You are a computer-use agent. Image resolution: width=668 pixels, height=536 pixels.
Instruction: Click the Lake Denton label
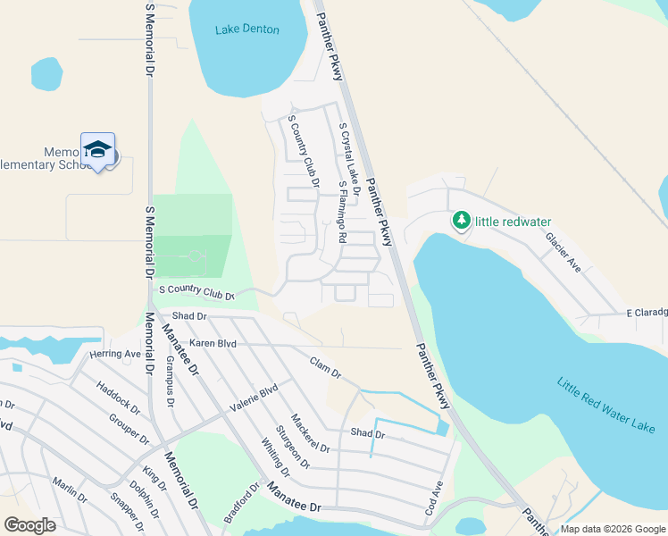pos(247,29)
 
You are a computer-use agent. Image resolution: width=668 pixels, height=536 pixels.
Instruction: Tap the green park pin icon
pos(461,220)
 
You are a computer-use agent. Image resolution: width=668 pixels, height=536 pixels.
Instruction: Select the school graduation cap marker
pos(97,149)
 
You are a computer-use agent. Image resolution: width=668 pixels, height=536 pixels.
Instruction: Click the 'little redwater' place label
pos(514,222)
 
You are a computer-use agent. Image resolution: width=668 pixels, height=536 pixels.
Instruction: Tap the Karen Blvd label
pos(212,343)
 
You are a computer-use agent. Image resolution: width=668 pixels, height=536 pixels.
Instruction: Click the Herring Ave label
pos(115,354)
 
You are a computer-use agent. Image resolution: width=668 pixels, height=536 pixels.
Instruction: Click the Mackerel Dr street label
pos(310,432)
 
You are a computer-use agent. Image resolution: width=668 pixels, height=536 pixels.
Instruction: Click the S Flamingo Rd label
pos(342,212)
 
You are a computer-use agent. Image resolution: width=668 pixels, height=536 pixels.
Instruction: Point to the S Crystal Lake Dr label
pos(349,161)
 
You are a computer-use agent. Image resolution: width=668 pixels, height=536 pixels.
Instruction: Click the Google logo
pos(29,525)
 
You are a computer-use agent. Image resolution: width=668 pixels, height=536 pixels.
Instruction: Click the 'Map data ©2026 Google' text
pos(613,529)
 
